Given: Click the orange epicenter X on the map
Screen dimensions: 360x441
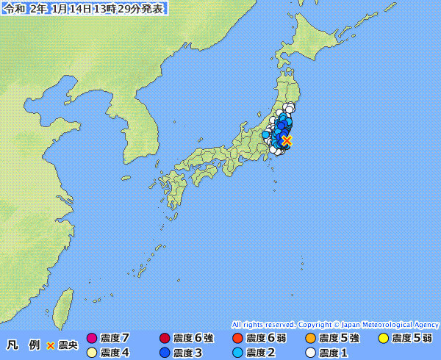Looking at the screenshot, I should coord(287,140).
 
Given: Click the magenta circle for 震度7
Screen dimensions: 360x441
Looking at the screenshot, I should coord(92,339).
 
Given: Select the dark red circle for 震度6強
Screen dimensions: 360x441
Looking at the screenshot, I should coord(165,339).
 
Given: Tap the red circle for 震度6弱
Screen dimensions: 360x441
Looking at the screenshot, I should coord(237,339).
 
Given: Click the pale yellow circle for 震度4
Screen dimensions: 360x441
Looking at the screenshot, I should coord(92,353).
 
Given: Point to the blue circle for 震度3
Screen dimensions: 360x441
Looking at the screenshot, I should coord(165,353).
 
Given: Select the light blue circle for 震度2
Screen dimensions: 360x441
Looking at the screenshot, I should coord(237,353).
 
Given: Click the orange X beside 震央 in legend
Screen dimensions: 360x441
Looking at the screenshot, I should coord(51,345).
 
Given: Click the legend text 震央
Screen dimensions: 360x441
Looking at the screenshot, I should coord(68,345).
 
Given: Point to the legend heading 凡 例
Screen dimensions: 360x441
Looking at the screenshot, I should coord(23,345).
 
